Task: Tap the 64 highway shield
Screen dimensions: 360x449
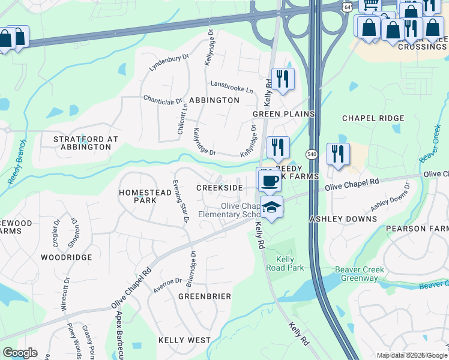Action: pos(348,6)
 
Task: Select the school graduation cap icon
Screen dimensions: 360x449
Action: pos(272,206)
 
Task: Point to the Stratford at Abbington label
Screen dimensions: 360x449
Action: pos(86,143)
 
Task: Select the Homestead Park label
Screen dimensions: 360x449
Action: pos(137,196)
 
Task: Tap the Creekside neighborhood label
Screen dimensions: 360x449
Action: pos(220,188)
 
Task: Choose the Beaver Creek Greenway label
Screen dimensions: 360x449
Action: pos(360,274)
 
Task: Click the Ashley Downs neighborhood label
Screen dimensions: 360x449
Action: pos(343,220)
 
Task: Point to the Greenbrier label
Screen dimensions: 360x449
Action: pos(205,296)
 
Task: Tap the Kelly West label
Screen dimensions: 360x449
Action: pos(185,340)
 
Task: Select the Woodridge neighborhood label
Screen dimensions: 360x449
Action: pos(66,257)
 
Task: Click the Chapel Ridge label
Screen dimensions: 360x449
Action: pos(373,118)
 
